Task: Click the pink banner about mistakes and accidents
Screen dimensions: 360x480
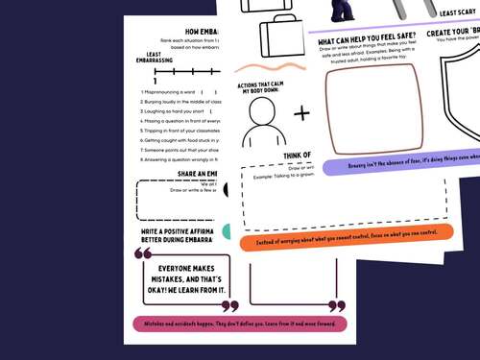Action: pyautogui.click(x=240, y=324)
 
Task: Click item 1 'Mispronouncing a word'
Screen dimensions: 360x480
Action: pyautogui.click(x=169, y=91)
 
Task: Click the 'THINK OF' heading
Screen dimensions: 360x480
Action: pyautogui.click(x=295, y=156)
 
